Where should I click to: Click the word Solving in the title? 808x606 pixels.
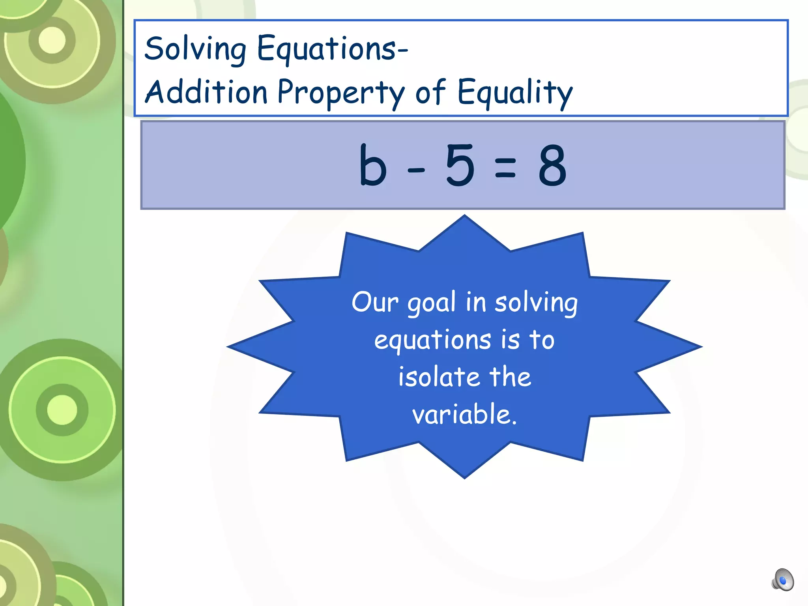pos(195,49)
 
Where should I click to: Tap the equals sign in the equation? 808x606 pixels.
pos(505,167)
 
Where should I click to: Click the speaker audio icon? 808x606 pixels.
pos(782,580)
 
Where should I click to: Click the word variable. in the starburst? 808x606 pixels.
pos(464,414)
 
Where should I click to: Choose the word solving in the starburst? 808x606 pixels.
pos(536,303)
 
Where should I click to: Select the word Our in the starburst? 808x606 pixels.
pos(375,302)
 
